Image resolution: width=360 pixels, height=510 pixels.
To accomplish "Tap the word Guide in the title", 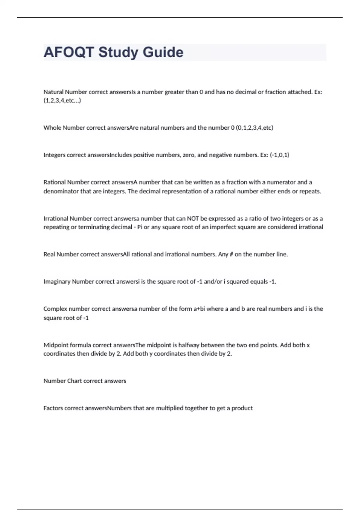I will [163, 52].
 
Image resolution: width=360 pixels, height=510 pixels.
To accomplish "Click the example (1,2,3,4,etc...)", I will [62, 100].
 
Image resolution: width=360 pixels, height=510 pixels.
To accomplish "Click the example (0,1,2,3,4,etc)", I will [254, 128].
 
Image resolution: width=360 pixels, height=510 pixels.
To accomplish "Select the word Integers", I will [54, 155].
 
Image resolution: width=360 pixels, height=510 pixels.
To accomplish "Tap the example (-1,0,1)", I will [279, 155].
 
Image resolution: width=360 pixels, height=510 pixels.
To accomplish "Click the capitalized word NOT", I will [193, 219].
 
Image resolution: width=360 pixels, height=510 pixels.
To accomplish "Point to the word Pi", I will [139, 227].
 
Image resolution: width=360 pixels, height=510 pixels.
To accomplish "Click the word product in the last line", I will [242, 408].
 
